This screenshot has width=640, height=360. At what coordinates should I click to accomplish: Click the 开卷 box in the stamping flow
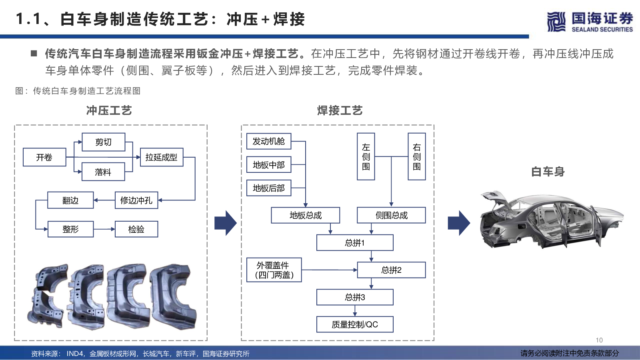pyautogui.click(x=44, y=157)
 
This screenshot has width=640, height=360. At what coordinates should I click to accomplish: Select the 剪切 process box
pyautogui.click(x=104, y=142)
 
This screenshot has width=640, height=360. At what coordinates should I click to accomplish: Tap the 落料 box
pyautogui.click(x=103, y=172)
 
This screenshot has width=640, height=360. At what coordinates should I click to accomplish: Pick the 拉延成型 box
pyautogui.click(x=162, y=157)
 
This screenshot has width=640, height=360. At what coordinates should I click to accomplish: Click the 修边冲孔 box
pyautogui.click(x=136, y=200)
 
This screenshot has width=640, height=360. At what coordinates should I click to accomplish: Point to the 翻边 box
pyautogui.click(x=70, y=200)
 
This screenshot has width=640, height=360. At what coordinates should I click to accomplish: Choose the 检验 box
pyautogui.click(x=136, y=229)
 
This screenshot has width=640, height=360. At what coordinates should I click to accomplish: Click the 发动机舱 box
pyautogui.click(x=269, y=141)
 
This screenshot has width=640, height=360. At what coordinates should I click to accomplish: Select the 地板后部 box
pyautogui.click(x=269, y=188)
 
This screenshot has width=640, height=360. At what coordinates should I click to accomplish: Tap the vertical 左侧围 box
pyautogui.click(x=366, y=156)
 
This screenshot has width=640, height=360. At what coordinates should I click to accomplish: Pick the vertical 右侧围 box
pyautogui.click(x=417, y=156)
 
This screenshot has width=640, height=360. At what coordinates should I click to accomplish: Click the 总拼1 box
pyautogui.click(x=355, y=243)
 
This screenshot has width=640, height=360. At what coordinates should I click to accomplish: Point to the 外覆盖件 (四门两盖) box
pyautogui.click(x=274, y=270)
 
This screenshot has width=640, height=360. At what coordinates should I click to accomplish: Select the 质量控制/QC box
pyautogui.click(x=355, y=324)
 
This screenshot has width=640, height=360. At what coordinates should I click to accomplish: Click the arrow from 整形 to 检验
pyautogui.click(x=104, y=229)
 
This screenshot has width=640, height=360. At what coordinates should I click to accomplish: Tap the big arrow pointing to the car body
pyautogui.click(x=459, y=223)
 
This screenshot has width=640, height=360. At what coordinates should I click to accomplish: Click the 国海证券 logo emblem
pyautogui.click(x=556, y=22)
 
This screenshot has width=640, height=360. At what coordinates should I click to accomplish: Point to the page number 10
pyautogui.click(x=599, y=340)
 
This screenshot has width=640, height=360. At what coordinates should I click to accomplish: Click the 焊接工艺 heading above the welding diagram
pyautogui.click(x=340, y=110)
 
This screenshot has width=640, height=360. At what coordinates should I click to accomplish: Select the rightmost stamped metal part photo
pyautogui.click(x=174, y=296)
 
